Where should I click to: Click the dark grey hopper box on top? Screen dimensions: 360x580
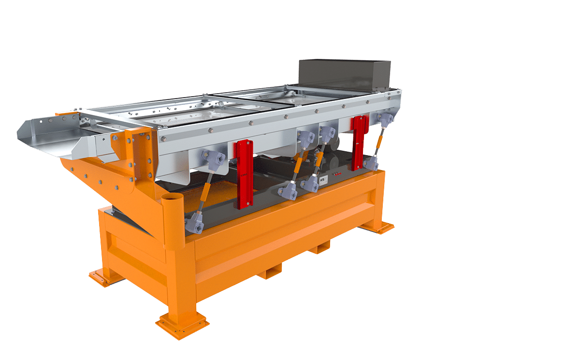(x=344, y=75)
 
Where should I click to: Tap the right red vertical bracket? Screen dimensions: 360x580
(x=359, y=143)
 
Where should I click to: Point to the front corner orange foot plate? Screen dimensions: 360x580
(x=182, y=322)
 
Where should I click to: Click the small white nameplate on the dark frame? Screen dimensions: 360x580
(x=323, y=180)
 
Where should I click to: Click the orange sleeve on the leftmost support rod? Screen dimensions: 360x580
(x=204, y=191)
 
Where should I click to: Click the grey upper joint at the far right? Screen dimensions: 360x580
(x=385, y=119)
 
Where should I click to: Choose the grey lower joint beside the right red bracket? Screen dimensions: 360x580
(x=371, y=163)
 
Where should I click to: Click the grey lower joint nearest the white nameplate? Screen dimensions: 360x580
(x=309, y=184)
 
